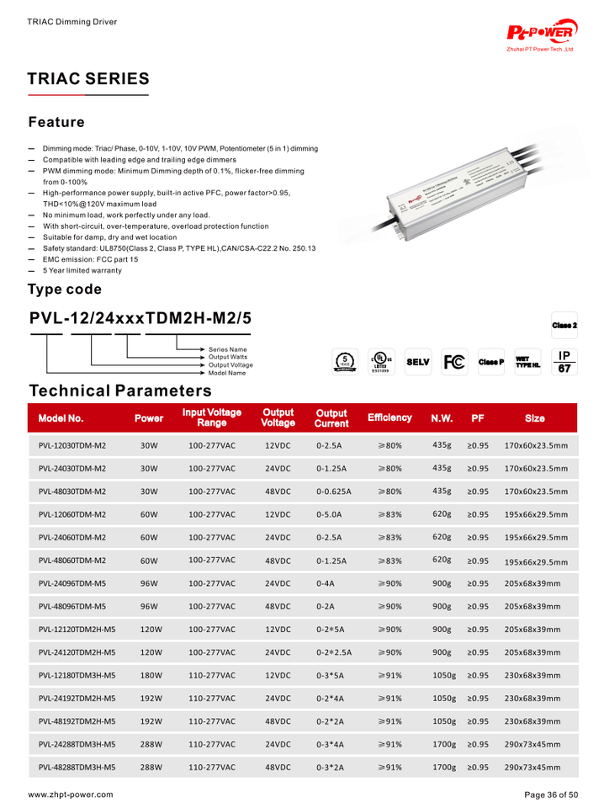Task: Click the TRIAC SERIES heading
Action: point(88,79)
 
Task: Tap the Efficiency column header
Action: point(389,417)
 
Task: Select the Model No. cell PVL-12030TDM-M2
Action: point(72,445)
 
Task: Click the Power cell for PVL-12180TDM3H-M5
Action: point(150,675)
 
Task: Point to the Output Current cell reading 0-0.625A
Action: point(334,492)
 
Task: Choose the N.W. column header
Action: point(442,417)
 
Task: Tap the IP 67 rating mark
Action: point(564,362)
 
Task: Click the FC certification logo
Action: point(453,362)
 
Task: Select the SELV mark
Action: point(417,362)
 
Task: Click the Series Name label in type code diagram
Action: point(228,349)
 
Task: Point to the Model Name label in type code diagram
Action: point(228,372)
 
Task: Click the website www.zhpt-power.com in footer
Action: point(71,794)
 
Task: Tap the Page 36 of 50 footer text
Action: point(551,794)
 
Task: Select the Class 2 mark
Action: point(564,325)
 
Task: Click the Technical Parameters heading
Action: point(120,391)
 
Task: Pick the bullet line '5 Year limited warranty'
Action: point(82,270)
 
